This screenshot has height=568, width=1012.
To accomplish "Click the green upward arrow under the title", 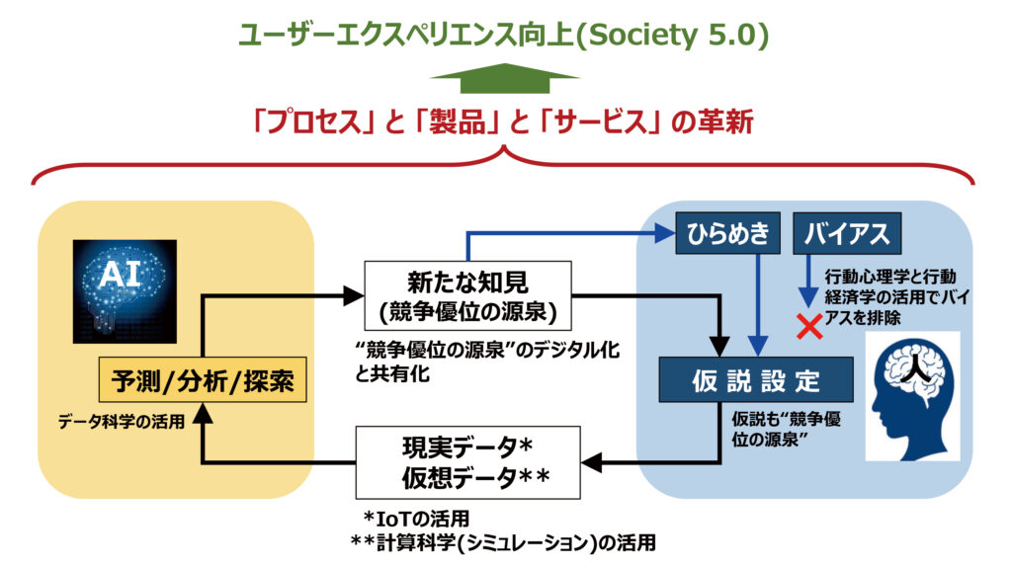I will pos(505,78).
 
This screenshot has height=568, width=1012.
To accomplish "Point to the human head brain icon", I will pos(911,395).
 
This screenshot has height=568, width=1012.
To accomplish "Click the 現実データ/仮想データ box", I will pos(467,461).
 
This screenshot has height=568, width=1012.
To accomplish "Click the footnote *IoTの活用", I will pos(415,518).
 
